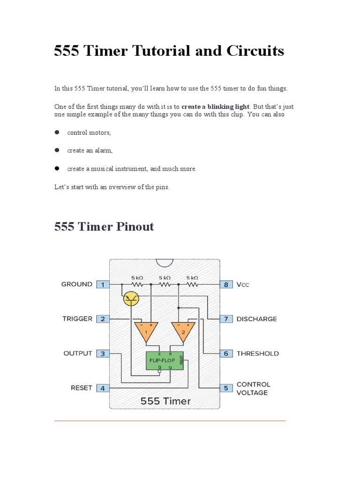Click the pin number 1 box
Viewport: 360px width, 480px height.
103,284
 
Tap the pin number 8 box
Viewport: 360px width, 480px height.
226,284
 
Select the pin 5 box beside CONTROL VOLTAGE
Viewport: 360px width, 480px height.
226,388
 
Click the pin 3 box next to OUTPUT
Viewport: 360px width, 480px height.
103,353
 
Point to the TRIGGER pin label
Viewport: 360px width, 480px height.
77,319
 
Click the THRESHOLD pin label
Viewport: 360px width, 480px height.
257,353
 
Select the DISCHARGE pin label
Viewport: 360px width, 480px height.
256,319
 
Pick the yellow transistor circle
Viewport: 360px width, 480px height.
131,299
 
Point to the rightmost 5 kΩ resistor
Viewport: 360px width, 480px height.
192,284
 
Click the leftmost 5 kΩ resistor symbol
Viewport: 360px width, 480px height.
137,284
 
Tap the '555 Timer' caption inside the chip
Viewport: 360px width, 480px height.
166,401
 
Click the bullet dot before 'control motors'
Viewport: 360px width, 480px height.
57,132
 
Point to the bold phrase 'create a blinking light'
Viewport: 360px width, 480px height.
216,106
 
